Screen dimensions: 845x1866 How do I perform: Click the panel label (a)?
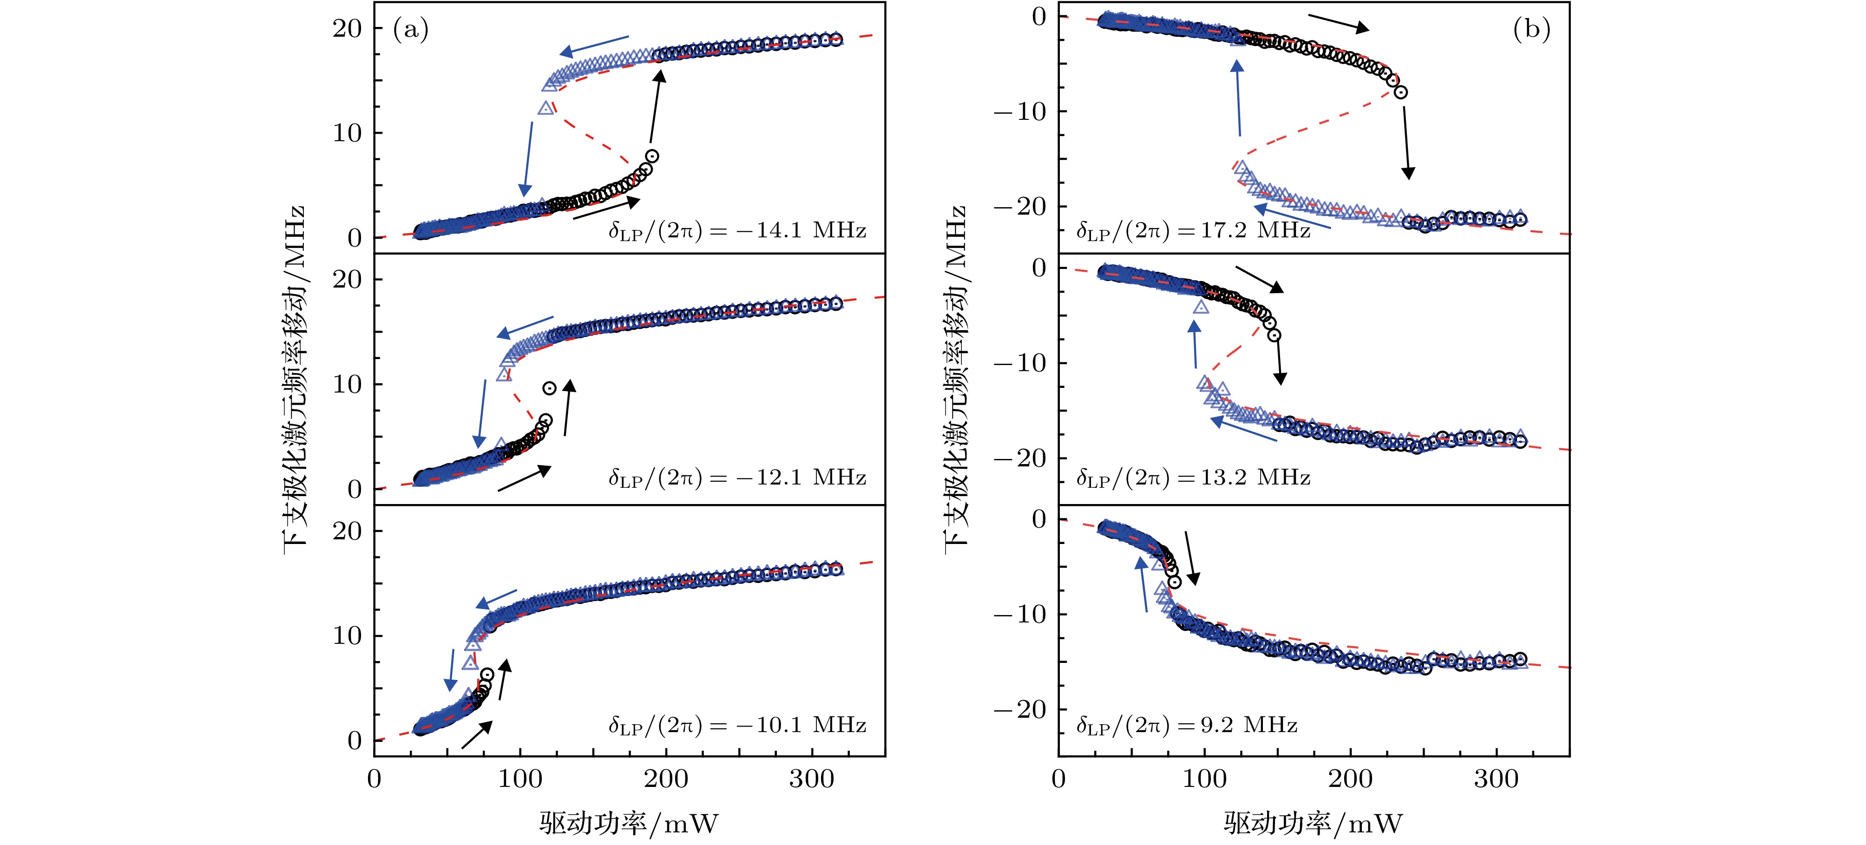(x=411, y=30)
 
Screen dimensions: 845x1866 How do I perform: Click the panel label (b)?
(x=1531, y=30)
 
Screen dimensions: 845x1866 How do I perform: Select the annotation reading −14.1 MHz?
(x=737, y=231)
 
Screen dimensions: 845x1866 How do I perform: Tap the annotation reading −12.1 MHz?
(x=737, y=478)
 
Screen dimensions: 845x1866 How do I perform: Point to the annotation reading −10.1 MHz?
(x=737, y=726)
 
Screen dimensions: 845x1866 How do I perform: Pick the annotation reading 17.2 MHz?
(x=1194, y=231)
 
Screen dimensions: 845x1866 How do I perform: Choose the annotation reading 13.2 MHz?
(x=1194, y=478)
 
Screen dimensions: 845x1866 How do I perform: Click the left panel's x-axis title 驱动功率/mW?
(x=629, y=823)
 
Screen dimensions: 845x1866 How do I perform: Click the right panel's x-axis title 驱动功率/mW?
(x=1313, y=823)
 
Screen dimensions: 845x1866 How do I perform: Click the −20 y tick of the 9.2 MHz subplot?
(x=1020, y=710)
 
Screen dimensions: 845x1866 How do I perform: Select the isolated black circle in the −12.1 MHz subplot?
(x=550, y=388)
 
